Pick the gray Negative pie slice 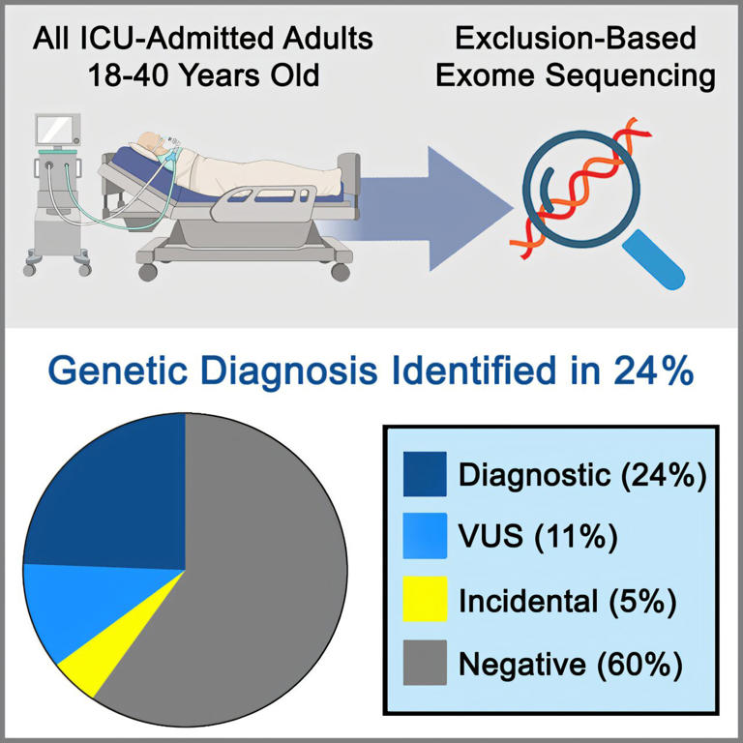tap(252, 579)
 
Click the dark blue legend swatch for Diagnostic tap(425, 474)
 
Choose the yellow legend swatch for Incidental tap(425, 599)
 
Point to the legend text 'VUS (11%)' tap(538, 537)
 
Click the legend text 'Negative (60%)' tap(571, 664)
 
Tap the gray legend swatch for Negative tap(425, 663)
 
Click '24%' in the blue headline tap(653, 371)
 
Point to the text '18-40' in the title tap(128, 75)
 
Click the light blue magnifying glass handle tap(654, 259)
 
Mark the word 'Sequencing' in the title tap(630, 75)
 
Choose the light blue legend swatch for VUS tap(425, 535)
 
